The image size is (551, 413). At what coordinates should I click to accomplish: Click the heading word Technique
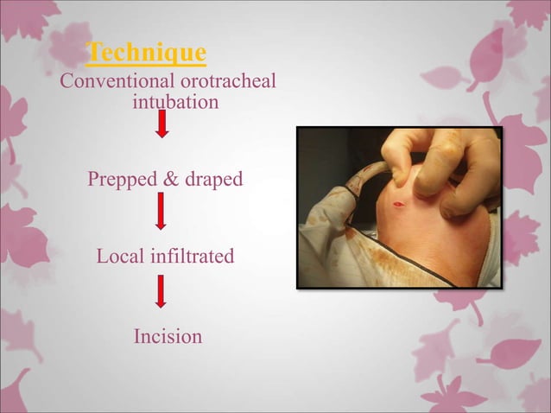pyautogui.click(x=148, y=54)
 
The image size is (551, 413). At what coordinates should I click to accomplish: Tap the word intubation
pyautogui.click(x=175, y=103)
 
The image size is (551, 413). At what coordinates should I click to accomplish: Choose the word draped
pyautogui.click(x=213, y=180)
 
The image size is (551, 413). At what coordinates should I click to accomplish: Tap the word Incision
pyautogui.click(x=168, y=336)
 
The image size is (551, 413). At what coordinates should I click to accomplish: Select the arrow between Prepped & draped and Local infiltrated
pyautogui.click(x=161, y=211)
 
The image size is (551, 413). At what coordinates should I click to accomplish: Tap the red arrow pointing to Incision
pyautogui.click(x=161, y=290)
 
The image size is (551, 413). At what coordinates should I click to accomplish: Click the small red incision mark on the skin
pyautogui.click(x=398, y=206)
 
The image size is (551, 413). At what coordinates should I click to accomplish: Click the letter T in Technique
pyautogui.click(x=95, y=53)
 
